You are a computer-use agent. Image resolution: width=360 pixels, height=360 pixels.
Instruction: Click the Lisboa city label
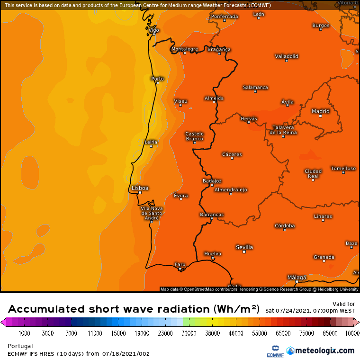140,188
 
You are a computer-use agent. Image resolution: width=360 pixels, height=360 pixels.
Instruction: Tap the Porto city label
157,79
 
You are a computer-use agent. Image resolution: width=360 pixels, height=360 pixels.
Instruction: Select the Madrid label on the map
320,111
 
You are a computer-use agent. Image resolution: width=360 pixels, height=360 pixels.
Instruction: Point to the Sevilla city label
244,247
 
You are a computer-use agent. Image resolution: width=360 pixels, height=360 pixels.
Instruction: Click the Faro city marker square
180,269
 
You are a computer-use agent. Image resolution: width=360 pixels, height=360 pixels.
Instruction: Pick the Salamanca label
255,87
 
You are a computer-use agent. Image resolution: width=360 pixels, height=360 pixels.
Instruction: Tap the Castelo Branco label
194,136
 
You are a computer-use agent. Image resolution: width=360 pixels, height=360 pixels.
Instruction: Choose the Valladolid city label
287,56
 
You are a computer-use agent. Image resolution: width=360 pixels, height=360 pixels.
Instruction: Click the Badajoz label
212,181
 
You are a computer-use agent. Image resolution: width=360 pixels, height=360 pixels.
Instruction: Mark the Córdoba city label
285,225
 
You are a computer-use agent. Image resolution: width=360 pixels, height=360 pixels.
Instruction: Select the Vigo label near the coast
154,30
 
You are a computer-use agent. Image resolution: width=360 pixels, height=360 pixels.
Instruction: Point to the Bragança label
219,49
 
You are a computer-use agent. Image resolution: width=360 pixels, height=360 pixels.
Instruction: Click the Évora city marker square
180,200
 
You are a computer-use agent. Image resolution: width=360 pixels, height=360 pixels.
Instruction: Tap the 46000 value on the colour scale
236,333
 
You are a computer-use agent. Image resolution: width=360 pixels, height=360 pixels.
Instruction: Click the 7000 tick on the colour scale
71,333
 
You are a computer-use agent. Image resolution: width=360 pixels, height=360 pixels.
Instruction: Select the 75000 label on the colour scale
306,333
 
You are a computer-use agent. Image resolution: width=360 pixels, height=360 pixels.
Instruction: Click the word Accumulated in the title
45,309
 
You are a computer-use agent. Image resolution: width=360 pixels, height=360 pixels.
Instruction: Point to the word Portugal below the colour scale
20,346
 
